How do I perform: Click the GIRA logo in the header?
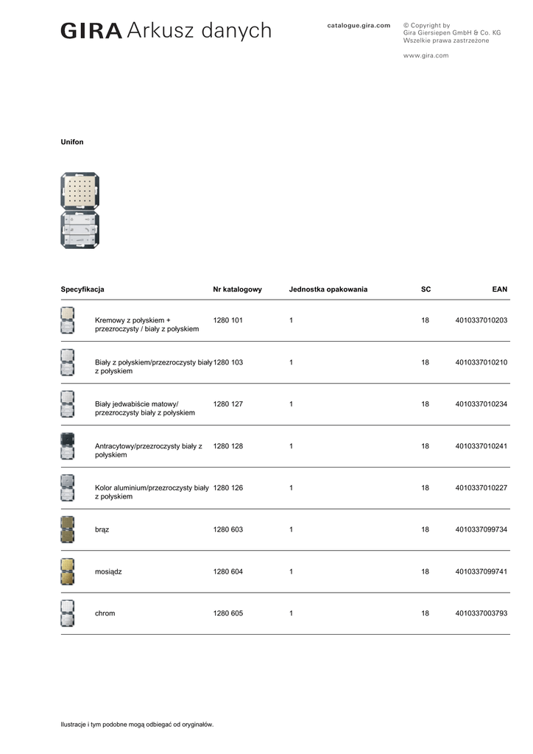click(x=91, y=31)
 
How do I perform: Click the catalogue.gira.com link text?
click(x=359, y=25)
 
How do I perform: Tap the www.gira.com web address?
click(x=426, y=55)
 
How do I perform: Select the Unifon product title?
click(x=72, y=141)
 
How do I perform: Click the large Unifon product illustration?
click(x=80, y=211)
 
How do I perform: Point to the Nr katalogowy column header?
click(x=237, y=289)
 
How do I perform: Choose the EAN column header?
click(x=499, y=289)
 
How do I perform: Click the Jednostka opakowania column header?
click(x=328, y=289)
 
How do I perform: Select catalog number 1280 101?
click(x=228, y=320)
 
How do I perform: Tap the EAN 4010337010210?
click(x=481, y=362)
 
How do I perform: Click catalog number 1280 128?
click(x=228, y=446)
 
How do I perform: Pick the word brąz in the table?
click(x=102, y=529)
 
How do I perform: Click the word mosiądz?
click(x=109, y=571)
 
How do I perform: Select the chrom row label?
click(x=105, y=613)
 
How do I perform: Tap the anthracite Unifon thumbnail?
click(x=68, y=446)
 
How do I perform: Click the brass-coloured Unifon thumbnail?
click(x=68, y=571)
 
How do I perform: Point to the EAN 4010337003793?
click(x=481, y=613)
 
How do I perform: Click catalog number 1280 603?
click(x=228, y=529)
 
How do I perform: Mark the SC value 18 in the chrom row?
click(x=426, y=613)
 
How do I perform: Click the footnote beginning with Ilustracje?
click(x=137, y=725)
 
